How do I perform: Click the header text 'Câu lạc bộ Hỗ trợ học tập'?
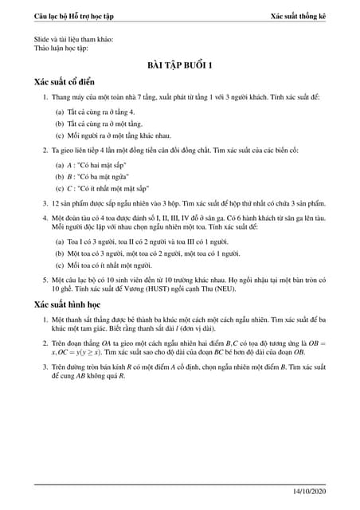(x=78, y=17)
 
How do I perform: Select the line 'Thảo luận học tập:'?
(x=61, y=48)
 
